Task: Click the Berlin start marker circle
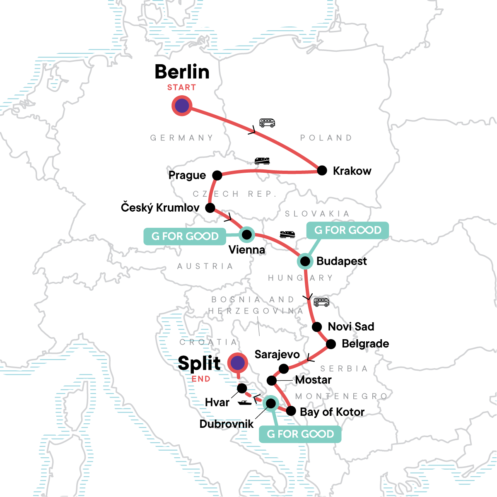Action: click(182, 106)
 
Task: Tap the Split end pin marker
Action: click(237, 363)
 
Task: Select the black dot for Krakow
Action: click(322, 171)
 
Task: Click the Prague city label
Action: click(187, 175)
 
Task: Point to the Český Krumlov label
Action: click(160, 207)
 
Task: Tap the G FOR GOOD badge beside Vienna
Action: click(185, 236)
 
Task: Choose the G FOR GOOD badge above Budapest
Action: click(347, 230)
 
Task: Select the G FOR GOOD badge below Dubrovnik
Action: click(300, 434)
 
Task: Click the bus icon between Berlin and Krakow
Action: click(267, 123)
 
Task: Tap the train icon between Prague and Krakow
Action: click(262, 161)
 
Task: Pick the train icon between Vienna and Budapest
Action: click(287, 235)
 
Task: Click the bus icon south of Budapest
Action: click(321, 302)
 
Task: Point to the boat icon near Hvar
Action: click(245, 402)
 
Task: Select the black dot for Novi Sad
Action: click(317, 327)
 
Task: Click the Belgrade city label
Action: click(365, 344)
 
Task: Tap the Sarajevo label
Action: click(277, 355)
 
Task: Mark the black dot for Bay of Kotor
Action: click(291, 411)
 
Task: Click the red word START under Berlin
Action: click(181, 87)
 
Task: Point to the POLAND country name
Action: click(326, 138)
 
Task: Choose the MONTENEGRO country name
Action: click(341, 396)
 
